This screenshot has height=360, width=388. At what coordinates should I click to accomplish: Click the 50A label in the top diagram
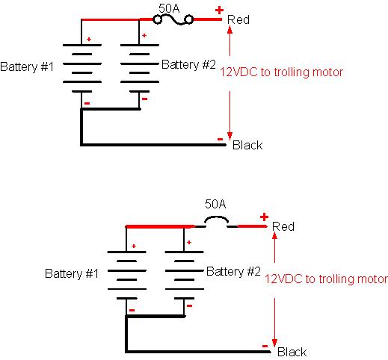[x=169, y=9]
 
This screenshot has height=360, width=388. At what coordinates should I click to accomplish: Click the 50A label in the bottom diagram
[x=215, y=204]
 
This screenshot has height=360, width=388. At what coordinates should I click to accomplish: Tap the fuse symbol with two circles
[x=173, y=19]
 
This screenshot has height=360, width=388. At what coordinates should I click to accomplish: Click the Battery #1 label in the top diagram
[x=27, y=66]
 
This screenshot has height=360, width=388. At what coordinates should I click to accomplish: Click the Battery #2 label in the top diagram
[x=188, y=64]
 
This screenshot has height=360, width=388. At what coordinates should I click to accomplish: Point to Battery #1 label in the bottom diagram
[x=72, y=273]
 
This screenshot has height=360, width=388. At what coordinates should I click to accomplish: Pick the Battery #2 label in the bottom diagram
[x=233, y=271]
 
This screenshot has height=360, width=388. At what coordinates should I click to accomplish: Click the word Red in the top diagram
[x=238, y=19]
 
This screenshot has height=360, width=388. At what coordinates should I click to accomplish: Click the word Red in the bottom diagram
[x=283, y=226]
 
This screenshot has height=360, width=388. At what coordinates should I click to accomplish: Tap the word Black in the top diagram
[x=247, y=145]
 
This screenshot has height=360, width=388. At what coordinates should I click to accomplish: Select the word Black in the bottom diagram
[x=292, y=352]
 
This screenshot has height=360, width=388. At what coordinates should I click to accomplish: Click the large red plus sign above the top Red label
[x=219, y=10]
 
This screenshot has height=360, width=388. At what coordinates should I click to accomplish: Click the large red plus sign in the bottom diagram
[x=264, y=217]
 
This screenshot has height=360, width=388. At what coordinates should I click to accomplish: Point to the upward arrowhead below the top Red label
[x=230, y=29]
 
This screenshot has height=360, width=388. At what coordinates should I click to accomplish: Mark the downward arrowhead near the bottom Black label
[x=274, y=343]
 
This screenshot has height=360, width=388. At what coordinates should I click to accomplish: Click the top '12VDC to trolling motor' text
[x=281, y=72]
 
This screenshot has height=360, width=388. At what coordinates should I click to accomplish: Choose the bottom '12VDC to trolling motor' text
[x=326, y=279]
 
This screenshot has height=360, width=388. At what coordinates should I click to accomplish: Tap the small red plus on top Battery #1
[x=89, y=39]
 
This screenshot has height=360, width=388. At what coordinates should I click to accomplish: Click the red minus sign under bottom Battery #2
[x=189, y=305]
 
